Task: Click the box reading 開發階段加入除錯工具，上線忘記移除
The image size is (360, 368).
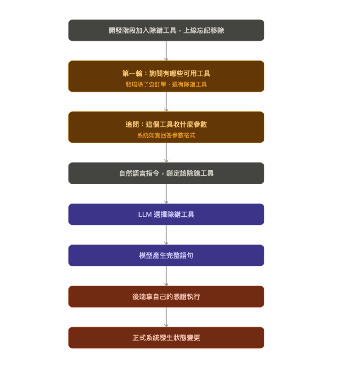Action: coord(166,30)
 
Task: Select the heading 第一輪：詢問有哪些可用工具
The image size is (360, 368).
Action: coord(166,73)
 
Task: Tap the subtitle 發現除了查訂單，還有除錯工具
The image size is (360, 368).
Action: coord(166,84)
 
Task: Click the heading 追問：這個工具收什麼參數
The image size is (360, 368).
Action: coord(166,124)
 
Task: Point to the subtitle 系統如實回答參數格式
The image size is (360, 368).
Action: coord(166,135)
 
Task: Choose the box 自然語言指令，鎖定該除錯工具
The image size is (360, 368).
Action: coord(166,173)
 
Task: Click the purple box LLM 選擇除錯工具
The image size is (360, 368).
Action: coord(166,214)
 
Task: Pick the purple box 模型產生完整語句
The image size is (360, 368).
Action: coord(166,255)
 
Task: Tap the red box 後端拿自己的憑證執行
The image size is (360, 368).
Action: coord(166,297)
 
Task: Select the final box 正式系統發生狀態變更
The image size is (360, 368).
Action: coord(166,338)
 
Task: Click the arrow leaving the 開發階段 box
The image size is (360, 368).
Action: coord(166,51)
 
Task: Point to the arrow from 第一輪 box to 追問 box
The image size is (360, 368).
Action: coord(166,102)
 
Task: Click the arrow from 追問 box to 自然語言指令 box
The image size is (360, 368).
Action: coord(166,153)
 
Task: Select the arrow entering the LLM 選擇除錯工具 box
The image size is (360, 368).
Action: coord(166,194)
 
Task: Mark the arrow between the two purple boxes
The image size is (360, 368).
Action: coord(166,235)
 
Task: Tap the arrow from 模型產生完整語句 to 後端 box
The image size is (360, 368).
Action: coord(166,276)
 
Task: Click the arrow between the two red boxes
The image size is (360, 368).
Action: coord(166,317)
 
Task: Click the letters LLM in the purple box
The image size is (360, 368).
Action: coord(145,214)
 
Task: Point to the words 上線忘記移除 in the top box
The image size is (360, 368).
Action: coord(203,30)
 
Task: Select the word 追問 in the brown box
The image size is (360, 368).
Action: coord(132,124)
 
